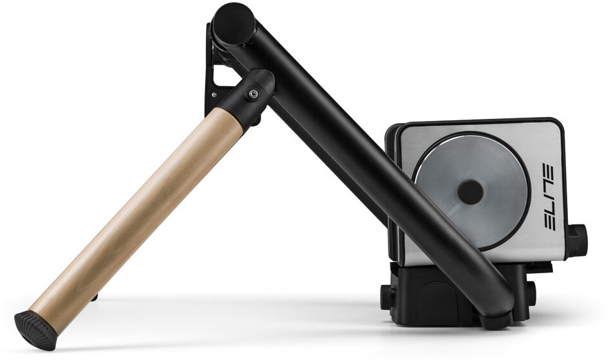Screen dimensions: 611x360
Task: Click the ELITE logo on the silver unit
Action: point(550,197)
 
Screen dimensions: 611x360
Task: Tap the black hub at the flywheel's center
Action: point(471,192)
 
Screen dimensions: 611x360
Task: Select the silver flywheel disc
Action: point(471,192)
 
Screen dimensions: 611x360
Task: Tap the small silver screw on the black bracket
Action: point(214,94)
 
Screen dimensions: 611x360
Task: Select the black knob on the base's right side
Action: point(531,293)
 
